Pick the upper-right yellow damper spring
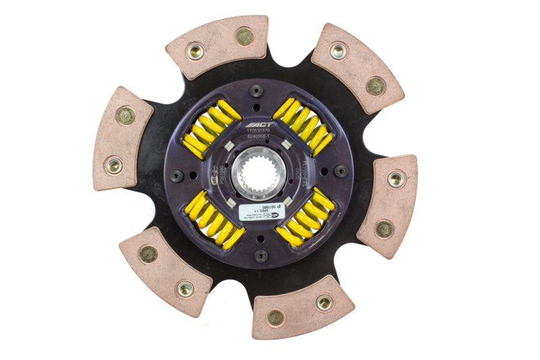pos(304,125)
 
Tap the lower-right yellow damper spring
pos(304,217)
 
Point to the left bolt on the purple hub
pos(176,175)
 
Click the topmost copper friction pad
pos(217,43)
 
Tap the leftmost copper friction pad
pos(122,138)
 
